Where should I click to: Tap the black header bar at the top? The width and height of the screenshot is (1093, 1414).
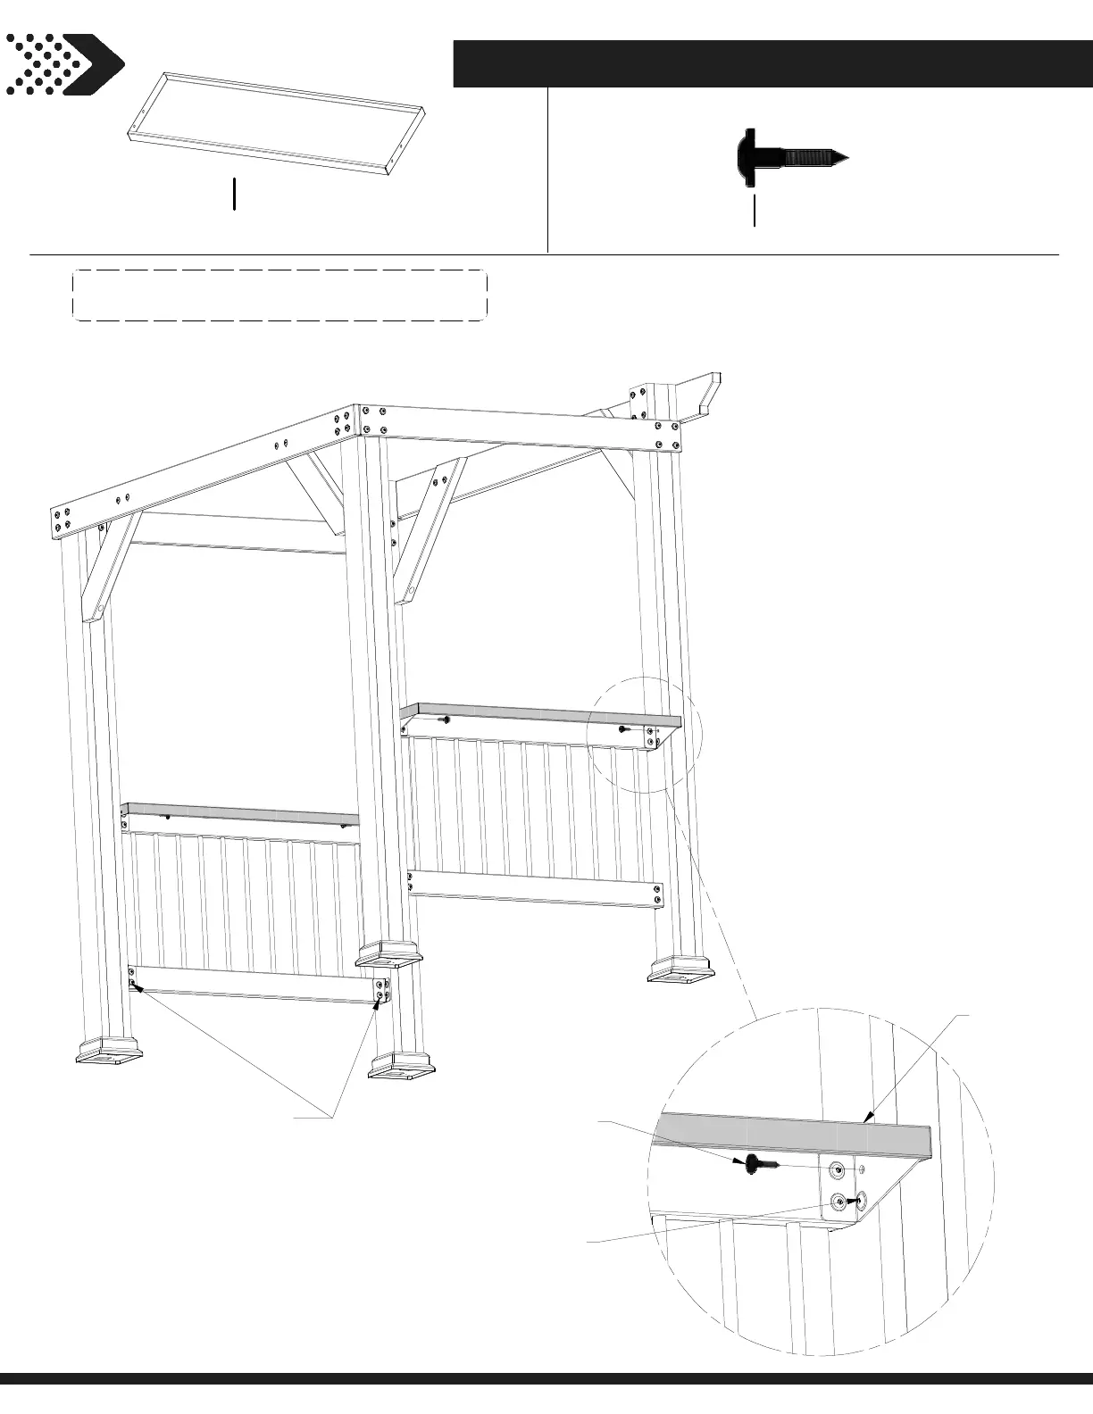coord(772,63)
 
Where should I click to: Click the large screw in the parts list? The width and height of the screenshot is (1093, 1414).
coord(790,158)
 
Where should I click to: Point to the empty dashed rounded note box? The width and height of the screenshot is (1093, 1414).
coord(279,295)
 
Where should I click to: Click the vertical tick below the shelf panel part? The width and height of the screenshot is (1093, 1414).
coord(234,194)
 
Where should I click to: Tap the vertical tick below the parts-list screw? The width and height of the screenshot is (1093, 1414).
coord(755,211)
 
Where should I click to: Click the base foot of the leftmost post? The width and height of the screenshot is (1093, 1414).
coord(110,1051)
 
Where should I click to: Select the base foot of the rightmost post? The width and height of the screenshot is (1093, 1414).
coord(680,969)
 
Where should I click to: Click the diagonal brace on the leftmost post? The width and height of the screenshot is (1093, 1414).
coord(109,567)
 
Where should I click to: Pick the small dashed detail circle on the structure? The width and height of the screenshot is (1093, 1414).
coord(646,735)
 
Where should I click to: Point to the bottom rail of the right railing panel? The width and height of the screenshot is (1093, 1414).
coord(536,888)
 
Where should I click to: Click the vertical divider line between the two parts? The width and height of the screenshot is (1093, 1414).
coord(547,170)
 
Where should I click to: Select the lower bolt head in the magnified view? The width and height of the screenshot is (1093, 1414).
coord(839,1202)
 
